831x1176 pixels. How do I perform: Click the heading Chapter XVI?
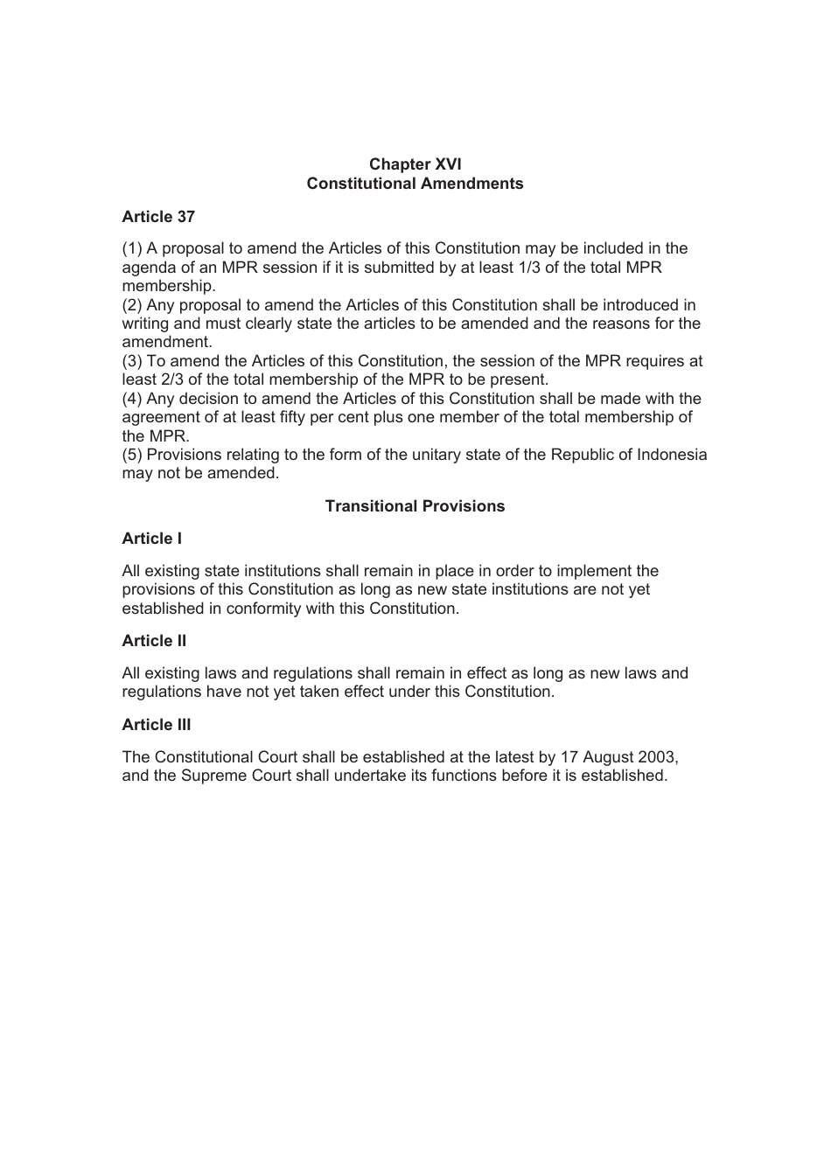[x=415, y=164]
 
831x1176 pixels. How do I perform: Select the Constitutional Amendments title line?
[x=415, y=184]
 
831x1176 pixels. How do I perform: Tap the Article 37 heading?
[x=158, y=217]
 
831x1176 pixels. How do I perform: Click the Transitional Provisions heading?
[x=415, y=506]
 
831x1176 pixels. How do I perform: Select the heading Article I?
[x=152, y=539]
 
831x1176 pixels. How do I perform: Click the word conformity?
[x=263, y=609]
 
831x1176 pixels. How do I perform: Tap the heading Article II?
[x=154, y=641]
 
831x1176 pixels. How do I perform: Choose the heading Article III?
[x=157, y=725]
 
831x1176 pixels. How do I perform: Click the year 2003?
[x=657, y=757]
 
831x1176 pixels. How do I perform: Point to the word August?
[x=606, y=757]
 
